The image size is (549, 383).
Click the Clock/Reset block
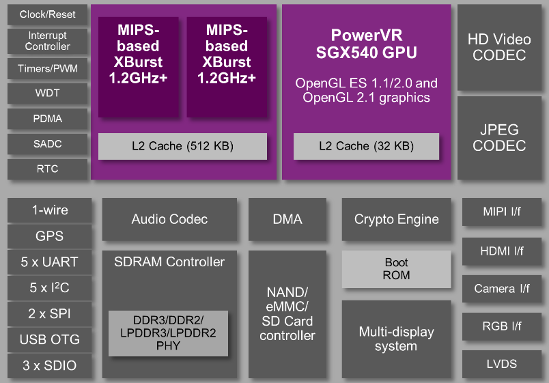pos(48,15)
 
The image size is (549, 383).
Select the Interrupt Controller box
pos(48,41)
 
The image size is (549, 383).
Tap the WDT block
pos(48,93)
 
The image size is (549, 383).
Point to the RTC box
pos(48,169)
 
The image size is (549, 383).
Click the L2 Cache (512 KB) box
pos(182,146)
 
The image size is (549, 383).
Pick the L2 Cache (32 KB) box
pos(366,146)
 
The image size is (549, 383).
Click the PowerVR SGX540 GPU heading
pos(366,44)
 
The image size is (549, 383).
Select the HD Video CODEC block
pos(499,47)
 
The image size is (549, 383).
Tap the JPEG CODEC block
pos(499,137)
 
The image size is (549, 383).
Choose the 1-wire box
pos(50,210)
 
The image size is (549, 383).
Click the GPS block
pos(50,236)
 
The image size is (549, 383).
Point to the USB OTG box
pos(50,339)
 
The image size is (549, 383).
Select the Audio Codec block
pos(169,220)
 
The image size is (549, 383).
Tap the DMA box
pos(287,220)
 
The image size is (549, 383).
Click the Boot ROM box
pos(396,269)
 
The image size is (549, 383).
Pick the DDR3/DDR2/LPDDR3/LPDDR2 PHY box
pos(168,333)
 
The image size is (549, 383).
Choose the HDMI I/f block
pos(502,251)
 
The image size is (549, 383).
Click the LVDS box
pos(502,363)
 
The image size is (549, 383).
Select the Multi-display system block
pos(396,339)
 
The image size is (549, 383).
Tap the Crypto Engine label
pos(396,220)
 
